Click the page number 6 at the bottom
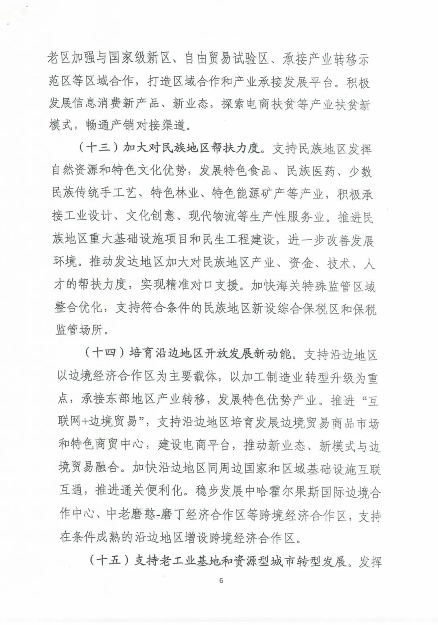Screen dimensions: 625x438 click(221, 580)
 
